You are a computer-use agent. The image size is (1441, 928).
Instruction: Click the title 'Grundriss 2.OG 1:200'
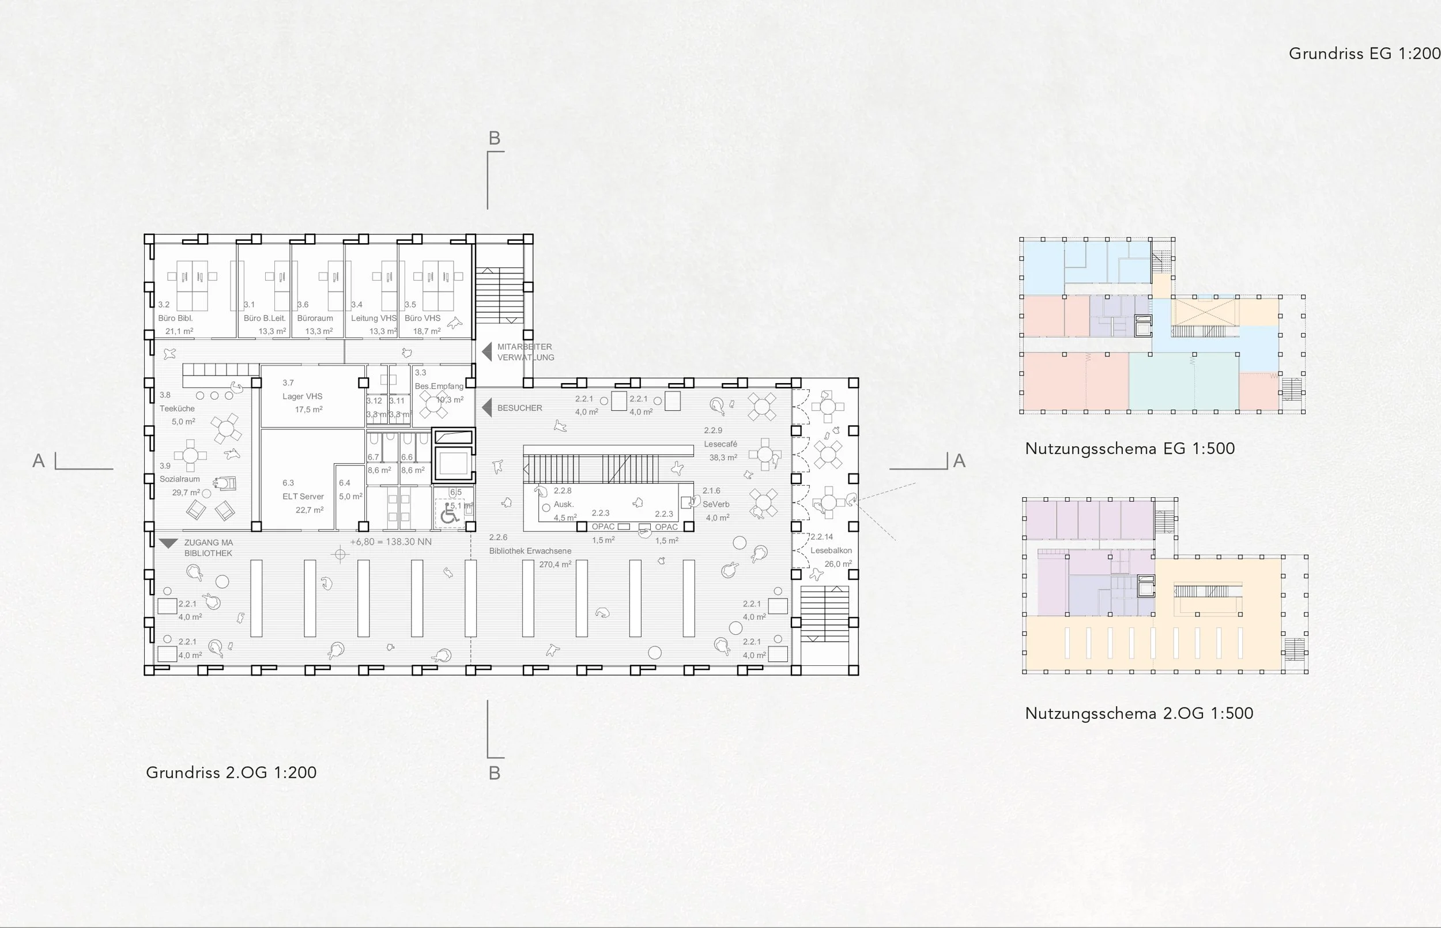(231, 772)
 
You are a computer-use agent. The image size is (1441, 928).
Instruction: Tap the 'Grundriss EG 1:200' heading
(1364, 54)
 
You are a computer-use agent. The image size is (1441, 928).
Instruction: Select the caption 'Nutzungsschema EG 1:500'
(1129, 449)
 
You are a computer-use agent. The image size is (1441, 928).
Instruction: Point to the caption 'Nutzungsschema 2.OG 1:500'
(1138, 714)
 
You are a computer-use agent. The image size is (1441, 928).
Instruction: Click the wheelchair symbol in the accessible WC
(448, 515)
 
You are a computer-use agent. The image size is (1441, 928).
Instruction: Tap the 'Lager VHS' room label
(302, 396)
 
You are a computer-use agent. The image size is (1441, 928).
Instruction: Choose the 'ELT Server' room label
(303, 497)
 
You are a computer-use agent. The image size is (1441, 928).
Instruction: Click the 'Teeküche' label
(176, 408)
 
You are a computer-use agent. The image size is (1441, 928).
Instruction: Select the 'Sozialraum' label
(179, 479)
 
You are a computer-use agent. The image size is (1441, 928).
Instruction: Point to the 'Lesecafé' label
(720, 444)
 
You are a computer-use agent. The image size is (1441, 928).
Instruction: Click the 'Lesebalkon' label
(831, 551)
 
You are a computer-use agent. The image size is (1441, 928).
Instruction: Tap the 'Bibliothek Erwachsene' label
(530, 551)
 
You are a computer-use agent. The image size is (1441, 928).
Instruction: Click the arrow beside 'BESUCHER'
(486, 408)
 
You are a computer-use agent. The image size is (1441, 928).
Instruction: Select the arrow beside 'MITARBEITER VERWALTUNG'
(486, 352)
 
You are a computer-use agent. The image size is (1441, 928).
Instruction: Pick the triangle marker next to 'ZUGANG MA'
(168, 543)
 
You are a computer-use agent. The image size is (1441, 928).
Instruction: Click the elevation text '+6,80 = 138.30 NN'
(391, 541)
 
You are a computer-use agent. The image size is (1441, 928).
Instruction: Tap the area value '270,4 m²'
(554, 565)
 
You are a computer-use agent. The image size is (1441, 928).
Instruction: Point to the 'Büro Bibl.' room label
(175, 318)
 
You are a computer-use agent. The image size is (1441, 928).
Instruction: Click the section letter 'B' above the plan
(495, 139)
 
